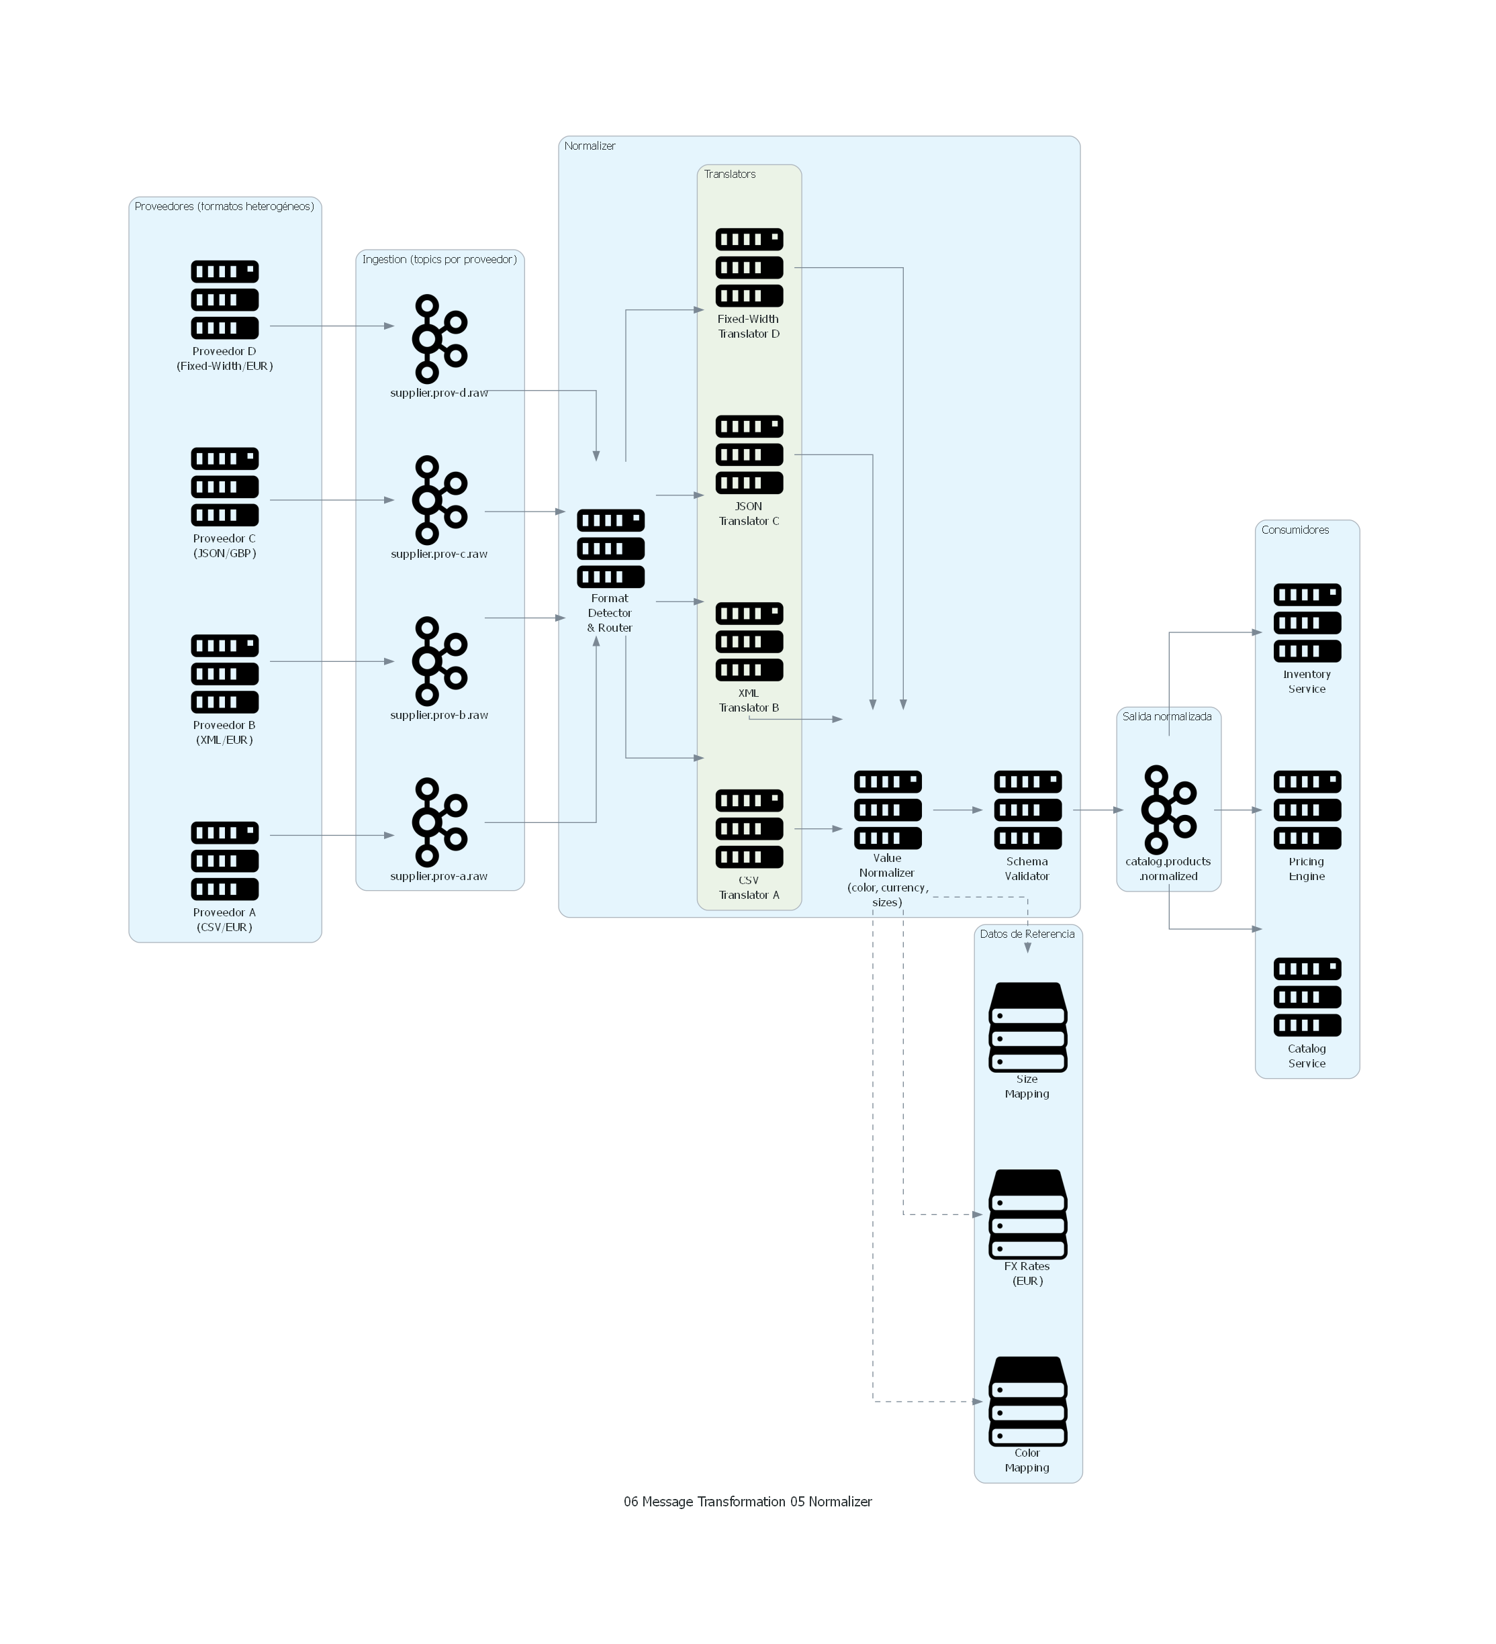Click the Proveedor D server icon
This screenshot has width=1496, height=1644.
coord(224,299)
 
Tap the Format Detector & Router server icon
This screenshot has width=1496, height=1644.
coord(610,547)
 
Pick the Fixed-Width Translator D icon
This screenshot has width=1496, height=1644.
coord(749,267)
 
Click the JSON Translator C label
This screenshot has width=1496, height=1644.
coord(749,513)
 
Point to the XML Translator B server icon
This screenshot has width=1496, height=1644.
coord(749,641)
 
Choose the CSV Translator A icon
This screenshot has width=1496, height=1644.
coord(749,828)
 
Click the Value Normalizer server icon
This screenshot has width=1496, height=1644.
coord(888,809)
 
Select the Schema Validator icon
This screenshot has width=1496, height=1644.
coord(1027,809)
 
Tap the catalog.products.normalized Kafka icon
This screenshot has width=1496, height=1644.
coord(1168,809)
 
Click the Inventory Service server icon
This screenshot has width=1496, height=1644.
coord(1307,622)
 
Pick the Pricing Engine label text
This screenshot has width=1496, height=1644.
coord(1306,869)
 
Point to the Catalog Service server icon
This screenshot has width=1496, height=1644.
coord(1307,996)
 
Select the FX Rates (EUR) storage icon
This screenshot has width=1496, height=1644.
coord(1027,1214)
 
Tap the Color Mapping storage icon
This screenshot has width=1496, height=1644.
coord(1027,1400)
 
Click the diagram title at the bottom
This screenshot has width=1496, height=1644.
coord(747,1501)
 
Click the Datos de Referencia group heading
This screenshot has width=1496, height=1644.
coord(1026,934)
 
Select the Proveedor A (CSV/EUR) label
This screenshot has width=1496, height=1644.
coord(224,919)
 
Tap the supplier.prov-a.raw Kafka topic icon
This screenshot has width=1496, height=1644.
coord(439,821)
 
